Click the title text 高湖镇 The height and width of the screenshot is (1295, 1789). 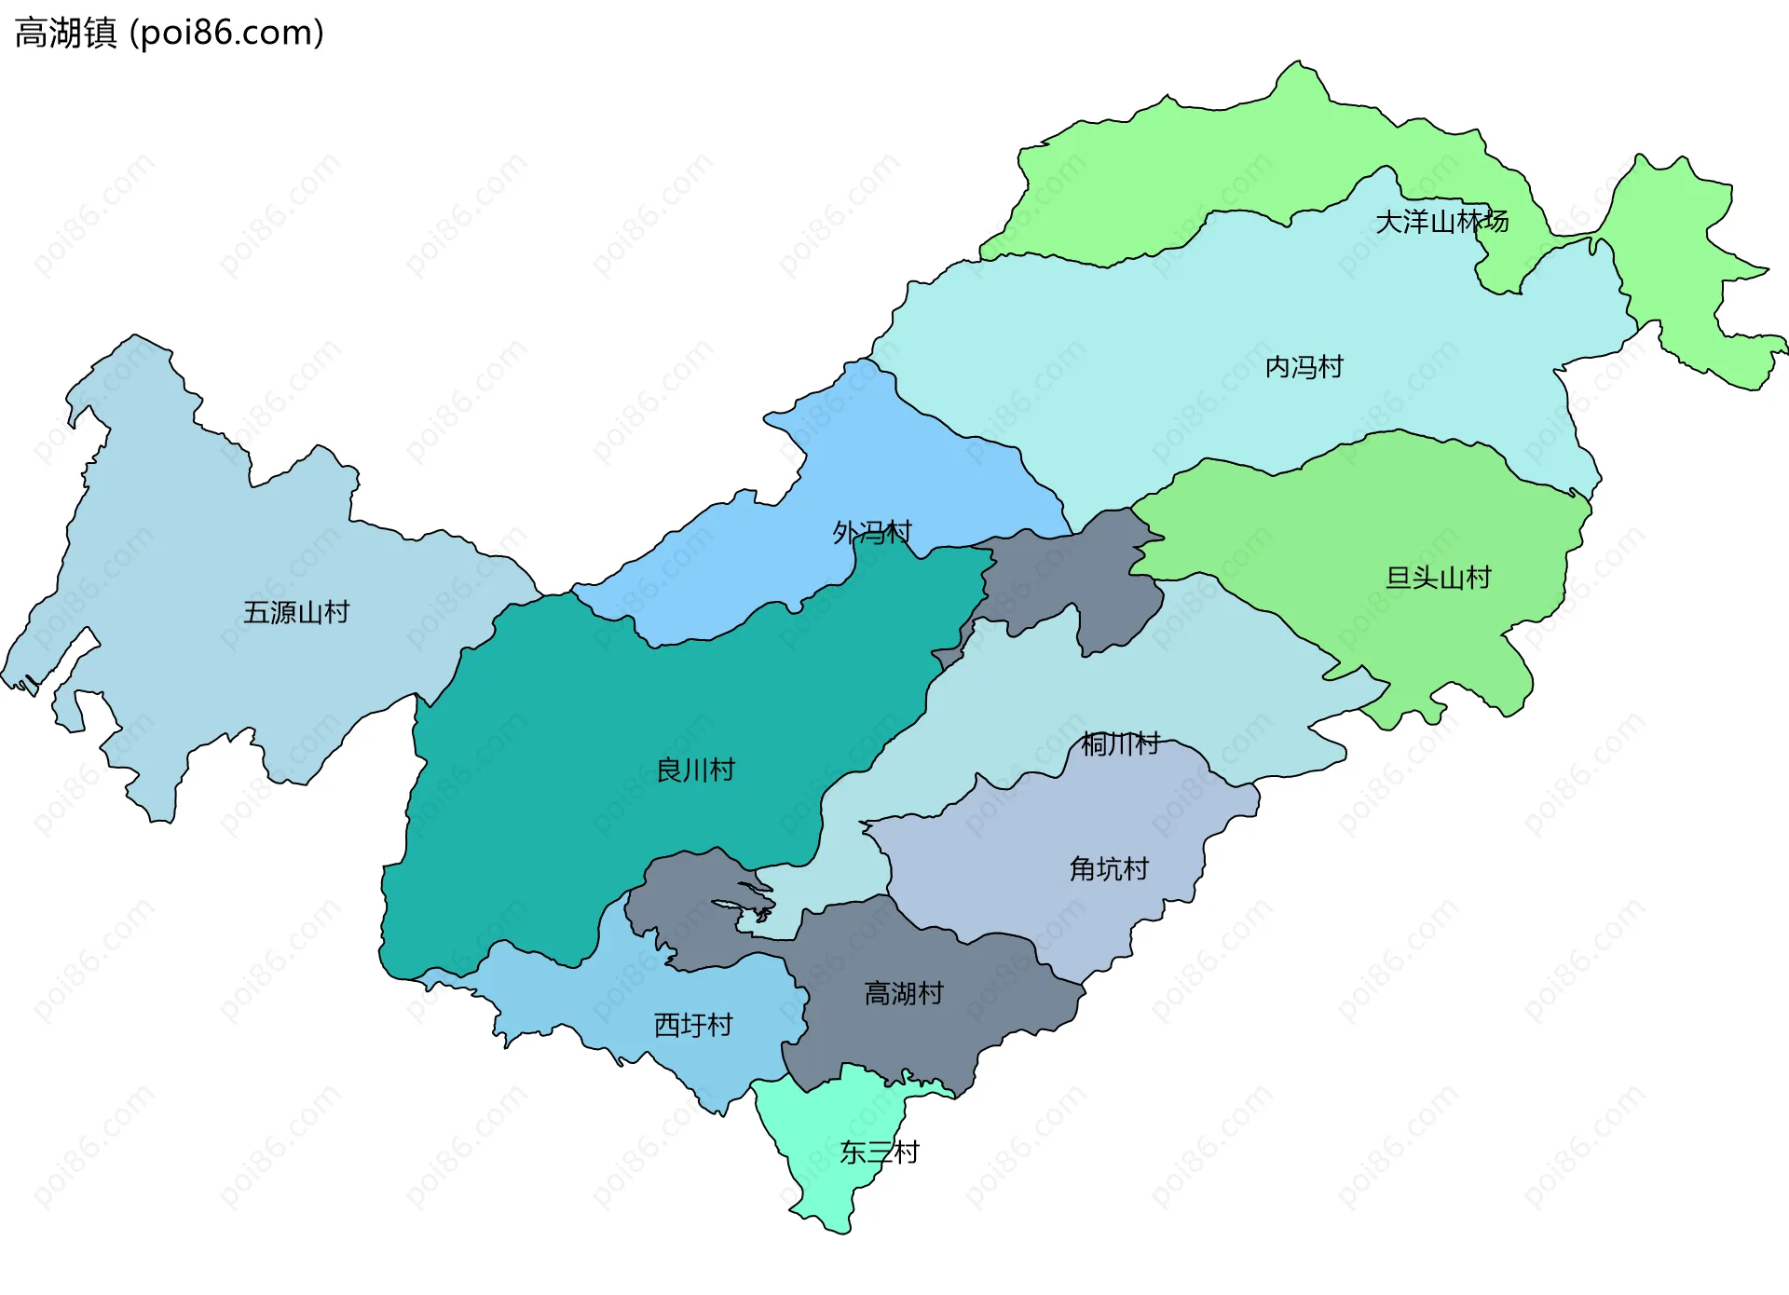(x=65, y=34)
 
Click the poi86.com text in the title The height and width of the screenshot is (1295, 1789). (x=226, y=34)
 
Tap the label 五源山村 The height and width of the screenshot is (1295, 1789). (x=296, y=612)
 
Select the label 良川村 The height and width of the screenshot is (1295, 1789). (x=695, y=770)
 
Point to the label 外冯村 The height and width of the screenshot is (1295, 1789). (x=871, y=532)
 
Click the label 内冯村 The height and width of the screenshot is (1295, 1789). (x=1304, y=367)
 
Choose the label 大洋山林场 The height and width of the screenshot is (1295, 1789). (x=1441, y=222)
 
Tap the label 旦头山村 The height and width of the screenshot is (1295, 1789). (x=1438, y=578)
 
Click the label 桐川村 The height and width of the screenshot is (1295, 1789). (x=1120, y=743)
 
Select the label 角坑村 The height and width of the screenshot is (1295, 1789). (x=1109, y=869)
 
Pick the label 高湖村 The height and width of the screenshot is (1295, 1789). (x=903, y=993)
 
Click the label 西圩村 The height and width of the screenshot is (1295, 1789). (x=693, y=1025)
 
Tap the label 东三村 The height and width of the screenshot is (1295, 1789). (x=879, y=1152)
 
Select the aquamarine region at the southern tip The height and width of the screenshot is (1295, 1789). (x=829, y=1183)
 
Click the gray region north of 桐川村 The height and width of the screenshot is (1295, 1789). (x=1072, y=578)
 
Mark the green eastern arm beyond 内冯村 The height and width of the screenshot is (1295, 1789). (x=1677, y=261)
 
